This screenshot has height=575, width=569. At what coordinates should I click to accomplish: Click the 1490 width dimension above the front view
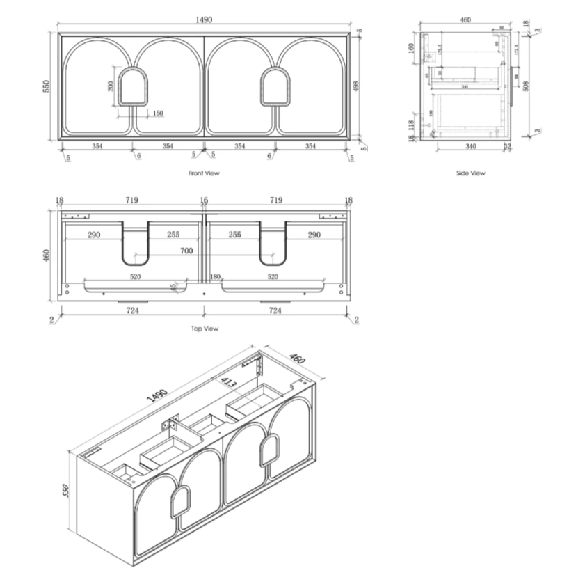click(x=204, y=22)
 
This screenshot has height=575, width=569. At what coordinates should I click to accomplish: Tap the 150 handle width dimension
click(x=157, y=113)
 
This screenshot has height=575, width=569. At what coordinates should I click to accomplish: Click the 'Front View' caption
click(x=204, y=173)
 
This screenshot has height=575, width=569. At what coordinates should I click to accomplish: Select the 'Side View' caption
click(x=470, y=173)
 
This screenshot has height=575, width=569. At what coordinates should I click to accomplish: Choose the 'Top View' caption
click(x=204, y=328)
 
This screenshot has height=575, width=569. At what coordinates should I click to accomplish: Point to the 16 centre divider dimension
click(x=204, y=200)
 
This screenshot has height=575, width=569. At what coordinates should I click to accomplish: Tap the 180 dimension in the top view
click(x=216, y=277)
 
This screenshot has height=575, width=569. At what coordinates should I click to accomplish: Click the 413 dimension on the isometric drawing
click(x=228, y=382)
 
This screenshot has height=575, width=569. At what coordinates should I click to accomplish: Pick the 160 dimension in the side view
click(x=411, y=49)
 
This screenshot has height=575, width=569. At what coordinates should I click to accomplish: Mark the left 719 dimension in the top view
click(x=131, y=200)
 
